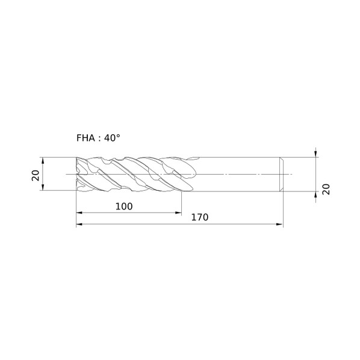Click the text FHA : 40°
tap(98, 138)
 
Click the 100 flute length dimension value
tap(124, 206)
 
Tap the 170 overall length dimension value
tap(200, 217)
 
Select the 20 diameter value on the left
tap(36, 176)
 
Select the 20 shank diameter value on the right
tap(326, 189)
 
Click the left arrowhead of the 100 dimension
tap(79, 213)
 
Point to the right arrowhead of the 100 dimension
tap(178, 213)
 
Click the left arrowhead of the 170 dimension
tap(79, 224)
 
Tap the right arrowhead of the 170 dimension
tap(280, 224)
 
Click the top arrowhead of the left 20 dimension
tap(43, 161)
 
